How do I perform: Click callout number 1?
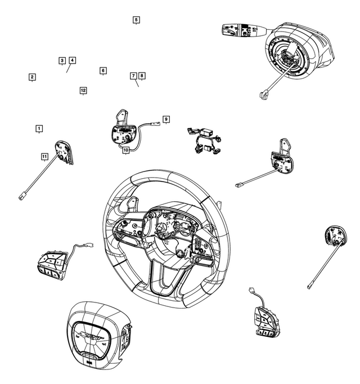39,129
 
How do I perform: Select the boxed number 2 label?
33,77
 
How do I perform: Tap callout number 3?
62,60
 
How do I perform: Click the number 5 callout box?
136,20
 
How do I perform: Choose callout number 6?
103,71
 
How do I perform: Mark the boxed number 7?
133,75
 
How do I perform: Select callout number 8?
142,75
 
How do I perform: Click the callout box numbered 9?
166,119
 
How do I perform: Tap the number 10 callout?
126,150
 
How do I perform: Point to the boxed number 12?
83,90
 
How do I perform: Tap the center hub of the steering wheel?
169,231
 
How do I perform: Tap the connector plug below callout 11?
21,197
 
